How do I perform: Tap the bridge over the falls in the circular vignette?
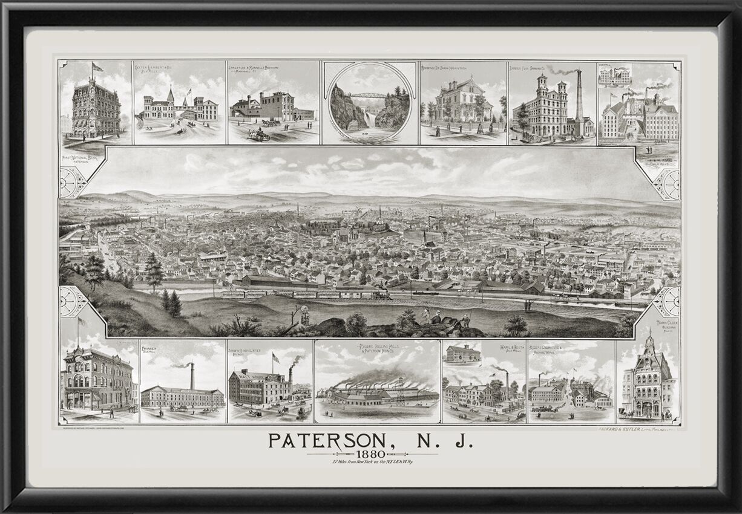click(x=369, y=96)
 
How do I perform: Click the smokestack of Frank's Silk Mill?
click(x=192, y=376)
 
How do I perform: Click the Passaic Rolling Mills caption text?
click(x=378, y=350)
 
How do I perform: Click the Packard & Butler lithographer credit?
click(x=629, y=430)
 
